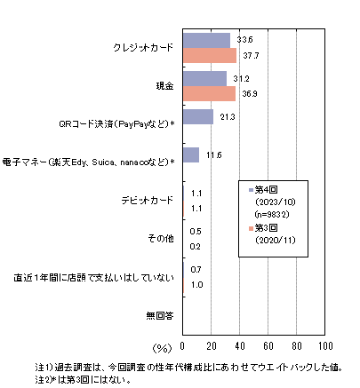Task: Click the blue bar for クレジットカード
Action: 206,41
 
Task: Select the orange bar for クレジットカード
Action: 210,55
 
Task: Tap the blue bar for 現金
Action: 204,79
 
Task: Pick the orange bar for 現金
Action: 209,93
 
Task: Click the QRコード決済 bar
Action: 198,116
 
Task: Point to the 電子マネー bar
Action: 191,154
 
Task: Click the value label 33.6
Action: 244,40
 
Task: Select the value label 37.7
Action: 251,55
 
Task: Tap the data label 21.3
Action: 228,117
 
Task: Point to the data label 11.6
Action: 214,155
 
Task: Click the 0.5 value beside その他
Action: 196,231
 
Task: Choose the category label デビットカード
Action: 147,201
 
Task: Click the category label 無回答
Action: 160,316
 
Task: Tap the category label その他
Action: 161,238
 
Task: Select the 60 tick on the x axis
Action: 268,345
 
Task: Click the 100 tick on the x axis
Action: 325,345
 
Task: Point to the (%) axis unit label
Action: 162,348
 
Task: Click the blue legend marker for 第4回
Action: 252,190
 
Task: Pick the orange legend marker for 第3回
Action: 252,228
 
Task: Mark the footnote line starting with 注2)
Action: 83,380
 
